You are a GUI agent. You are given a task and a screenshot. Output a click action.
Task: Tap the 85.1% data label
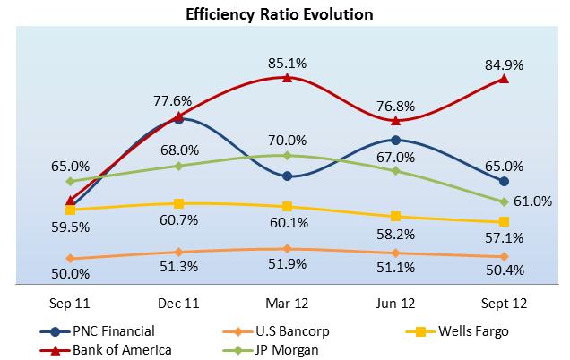[x=287, y=63]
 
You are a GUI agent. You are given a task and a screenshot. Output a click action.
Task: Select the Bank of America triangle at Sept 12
[x=504, y=79]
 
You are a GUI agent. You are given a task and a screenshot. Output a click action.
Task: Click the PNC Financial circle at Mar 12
[x=287, y=176]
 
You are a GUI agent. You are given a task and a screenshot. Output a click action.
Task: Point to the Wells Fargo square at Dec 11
[x=179, y=203]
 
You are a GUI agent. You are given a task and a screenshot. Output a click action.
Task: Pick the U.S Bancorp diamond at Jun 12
[x=395, y=253]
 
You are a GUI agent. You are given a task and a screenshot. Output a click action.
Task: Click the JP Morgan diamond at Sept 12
[x=504, y=201]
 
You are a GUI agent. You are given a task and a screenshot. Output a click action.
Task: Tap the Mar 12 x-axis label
[x=287, y=303]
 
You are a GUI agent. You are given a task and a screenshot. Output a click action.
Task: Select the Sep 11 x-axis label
[x=71, y=303]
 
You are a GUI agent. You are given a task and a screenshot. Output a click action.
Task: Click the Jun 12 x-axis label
[x=395, y=303]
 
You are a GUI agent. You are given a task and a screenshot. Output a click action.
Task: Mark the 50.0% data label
[x=71, y=273]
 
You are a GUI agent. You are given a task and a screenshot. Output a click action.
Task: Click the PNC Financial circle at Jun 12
[x=395, y=140]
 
